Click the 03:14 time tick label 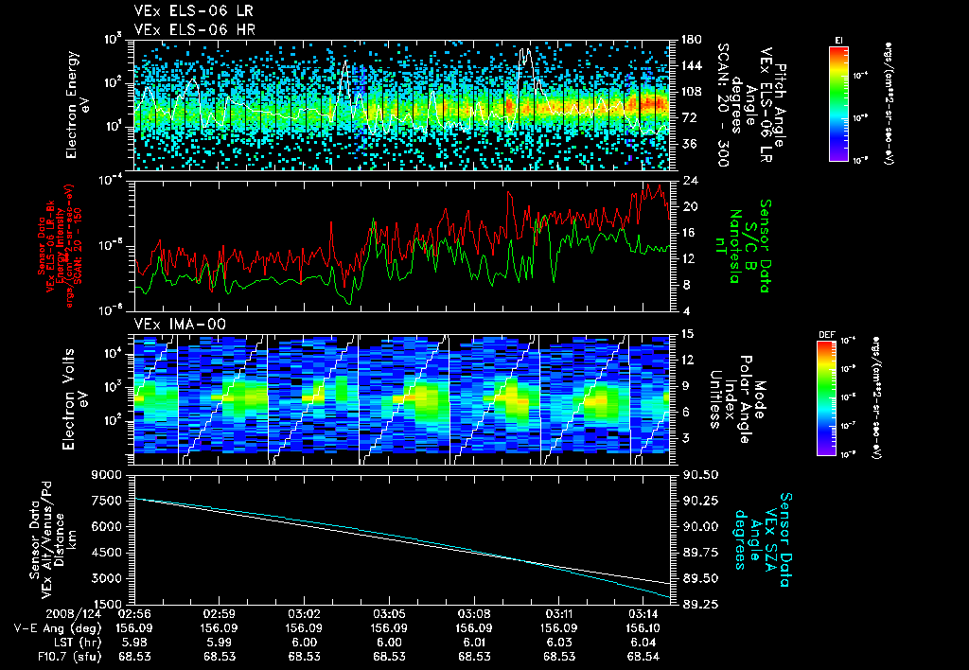tap(645, 613)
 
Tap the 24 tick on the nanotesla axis tap(685, 180)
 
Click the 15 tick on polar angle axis tap(685, 334)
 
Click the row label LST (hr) tap(78, 641)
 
